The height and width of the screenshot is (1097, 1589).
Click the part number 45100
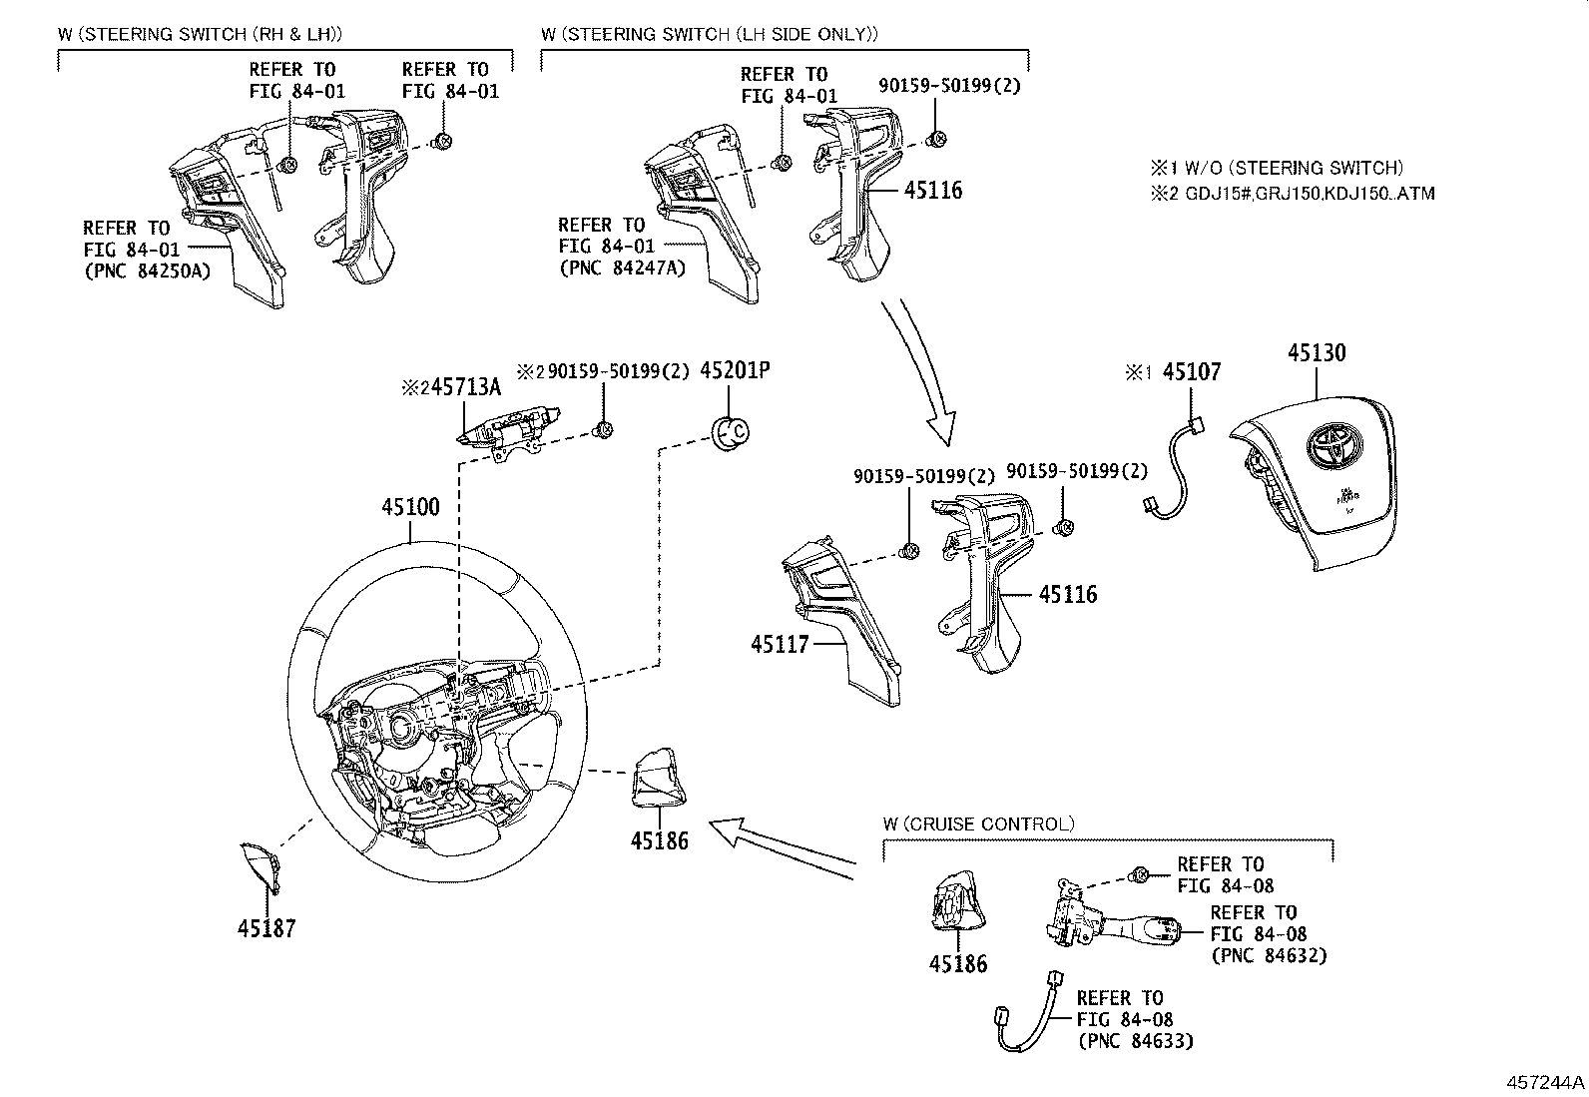point(410,507)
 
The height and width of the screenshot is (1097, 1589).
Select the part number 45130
point(1316,353)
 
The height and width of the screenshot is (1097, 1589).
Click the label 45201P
point(735,371)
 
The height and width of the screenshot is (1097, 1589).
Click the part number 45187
point(266,928)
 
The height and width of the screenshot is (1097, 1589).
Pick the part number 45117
point(781,645)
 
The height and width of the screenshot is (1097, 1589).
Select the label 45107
point(1192,372)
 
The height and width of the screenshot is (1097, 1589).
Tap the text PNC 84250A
point(148,270)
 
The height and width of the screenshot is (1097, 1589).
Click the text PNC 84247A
point(623,268)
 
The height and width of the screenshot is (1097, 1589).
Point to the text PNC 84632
point(1269,955)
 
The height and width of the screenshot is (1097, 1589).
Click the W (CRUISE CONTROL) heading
point(978,824)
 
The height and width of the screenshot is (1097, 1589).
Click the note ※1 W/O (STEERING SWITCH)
point(1277,168)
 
